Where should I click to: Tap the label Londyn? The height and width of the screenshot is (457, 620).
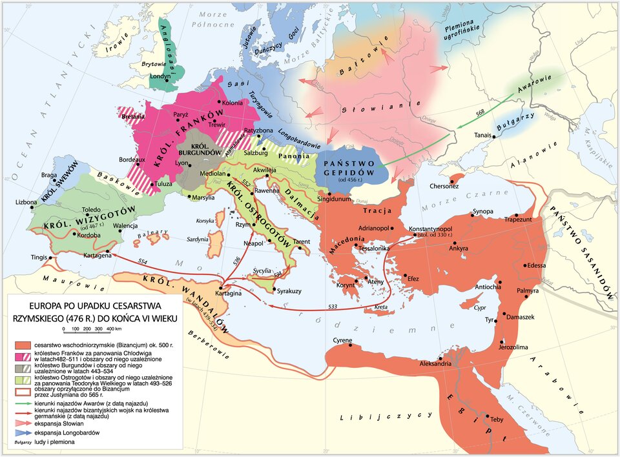pyautogui.click(x=160, y=76)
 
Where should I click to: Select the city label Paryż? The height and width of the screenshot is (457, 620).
pyautogui.click(x=181, y=114)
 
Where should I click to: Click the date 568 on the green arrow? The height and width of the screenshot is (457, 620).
pyautogui.click(x=480, y=113)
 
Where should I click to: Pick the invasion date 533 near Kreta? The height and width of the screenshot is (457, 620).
pyautogui.click(x=333, y=306)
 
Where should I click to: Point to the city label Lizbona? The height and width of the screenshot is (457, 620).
pyautogui.click(x=26, y=202)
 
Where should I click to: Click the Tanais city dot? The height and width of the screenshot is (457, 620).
pyautogui.click(x=494, y=136)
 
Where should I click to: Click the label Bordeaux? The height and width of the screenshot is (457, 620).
pyautogui.click(x=132, y=159)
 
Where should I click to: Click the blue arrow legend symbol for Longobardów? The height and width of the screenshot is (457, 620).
pyautogui.click(x=22, y=432)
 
